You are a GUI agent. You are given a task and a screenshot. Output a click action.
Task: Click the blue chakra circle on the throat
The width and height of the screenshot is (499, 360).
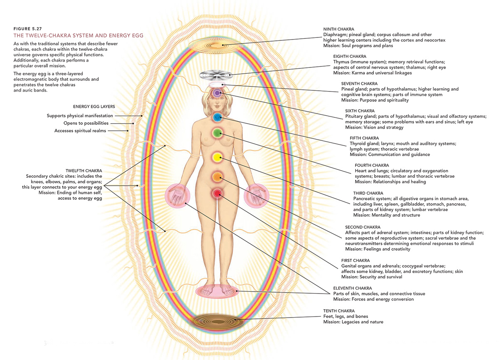click(217, 118)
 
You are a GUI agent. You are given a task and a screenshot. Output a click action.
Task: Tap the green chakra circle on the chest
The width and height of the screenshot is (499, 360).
click(217, 133)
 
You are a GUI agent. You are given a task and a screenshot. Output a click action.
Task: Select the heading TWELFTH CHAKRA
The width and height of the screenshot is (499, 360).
click(84, 171)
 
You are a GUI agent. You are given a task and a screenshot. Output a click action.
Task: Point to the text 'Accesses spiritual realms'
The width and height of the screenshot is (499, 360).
click(80, 131)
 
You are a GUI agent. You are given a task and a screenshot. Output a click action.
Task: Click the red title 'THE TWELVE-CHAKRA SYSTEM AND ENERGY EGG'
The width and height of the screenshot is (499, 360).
click(78, 36)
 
